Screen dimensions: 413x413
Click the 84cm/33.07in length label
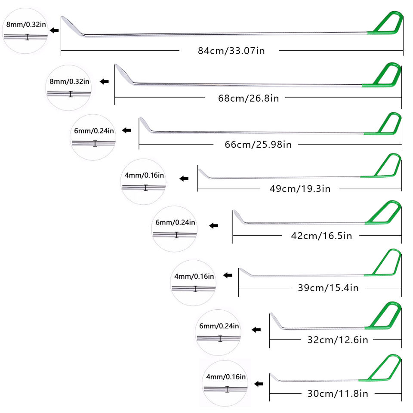[231, 51]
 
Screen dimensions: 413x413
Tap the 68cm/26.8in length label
[248, 98]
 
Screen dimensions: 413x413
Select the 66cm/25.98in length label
[258, 145]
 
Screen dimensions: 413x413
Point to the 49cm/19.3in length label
[300, 189]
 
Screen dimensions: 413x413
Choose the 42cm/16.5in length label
[322, 236]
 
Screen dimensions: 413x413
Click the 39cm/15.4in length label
[328, 288]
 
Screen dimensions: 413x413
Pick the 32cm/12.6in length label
[338, 340]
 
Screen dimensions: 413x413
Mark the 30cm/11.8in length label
[338, 394]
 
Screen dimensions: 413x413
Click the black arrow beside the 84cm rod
[54, 30]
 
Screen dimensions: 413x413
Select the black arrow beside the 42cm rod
[214, 226]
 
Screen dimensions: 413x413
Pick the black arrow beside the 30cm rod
[259, 384]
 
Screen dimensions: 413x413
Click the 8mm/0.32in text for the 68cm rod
[70, 81]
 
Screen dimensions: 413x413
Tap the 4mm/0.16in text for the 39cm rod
[194, 276]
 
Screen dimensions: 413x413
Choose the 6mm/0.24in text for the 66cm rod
[94, 131]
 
